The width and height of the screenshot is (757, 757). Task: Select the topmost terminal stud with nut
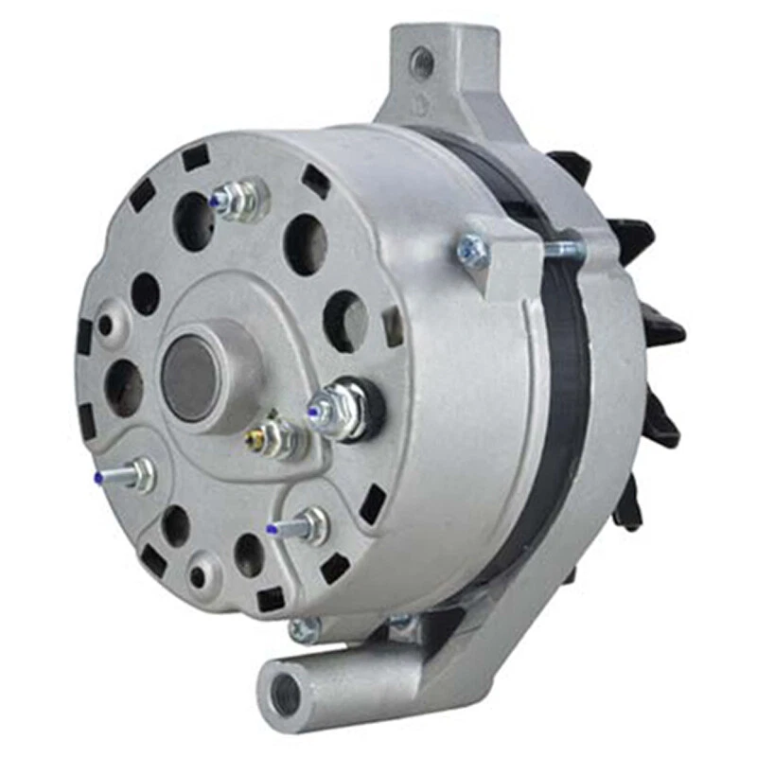[x=237, y=199]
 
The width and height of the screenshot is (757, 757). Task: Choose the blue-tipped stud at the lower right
[x=301, y=525]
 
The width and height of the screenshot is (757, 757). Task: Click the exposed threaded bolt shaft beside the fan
[x=565, y=249]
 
